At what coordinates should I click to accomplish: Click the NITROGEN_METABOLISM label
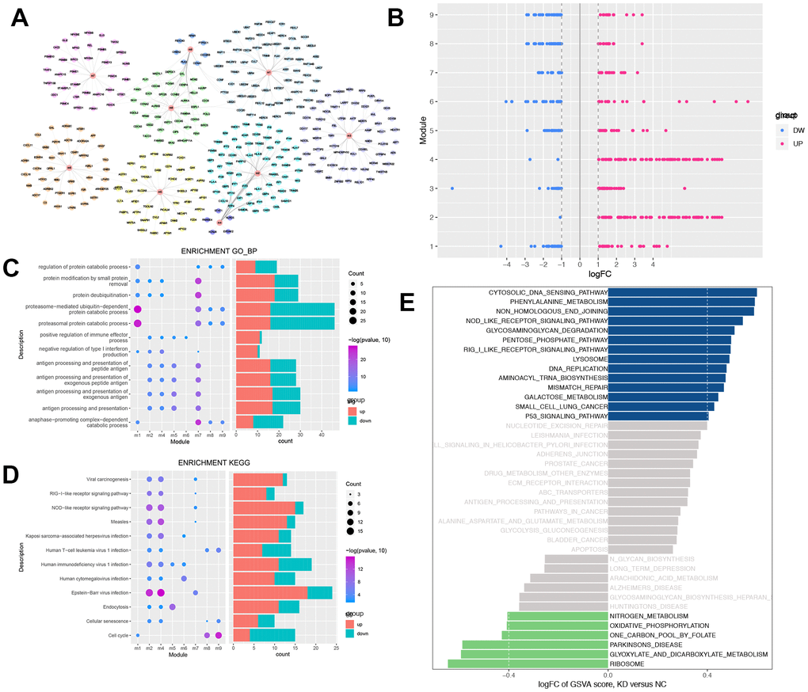pyautogui.click(x=649, y=615)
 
